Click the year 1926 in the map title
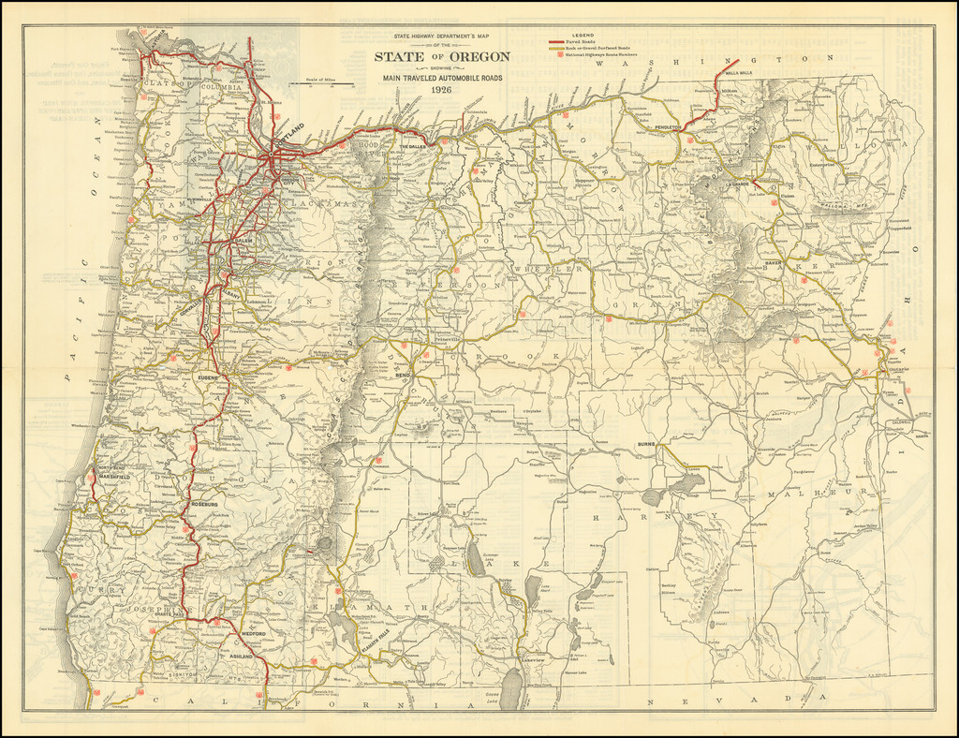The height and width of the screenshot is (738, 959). (x=441, y=90)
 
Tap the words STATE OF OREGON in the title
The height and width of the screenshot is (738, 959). (x=442, y=57)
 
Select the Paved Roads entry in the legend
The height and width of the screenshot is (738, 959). (x=582, y=42)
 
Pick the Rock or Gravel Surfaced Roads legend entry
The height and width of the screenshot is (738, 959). (x=597, y=49)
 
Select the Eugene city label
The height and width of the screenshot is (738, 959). (x=208, y=376)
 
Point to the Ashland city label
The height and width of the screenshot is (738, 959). (x=242, y=657)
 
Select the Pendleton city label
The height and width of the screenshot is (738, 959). (x=669, y=126)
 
